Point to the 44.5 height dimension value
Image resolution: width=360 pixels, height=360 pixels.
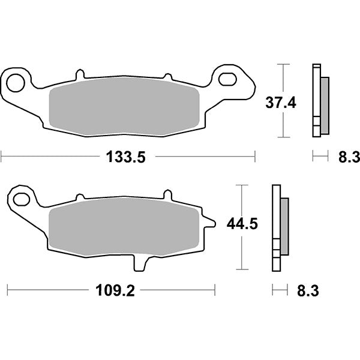(242, 224)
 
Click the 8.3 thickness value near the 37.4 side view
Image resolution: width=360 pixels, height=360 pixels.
(349, 158)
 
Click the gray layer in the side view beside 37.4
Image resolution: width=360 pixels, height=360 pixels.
(325, 106)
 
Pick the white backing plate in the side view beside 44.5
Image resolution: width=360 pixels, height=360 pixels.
(276, 222)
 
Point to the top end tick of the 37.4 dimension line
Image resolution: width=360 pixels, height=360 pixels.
(283, 64)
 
